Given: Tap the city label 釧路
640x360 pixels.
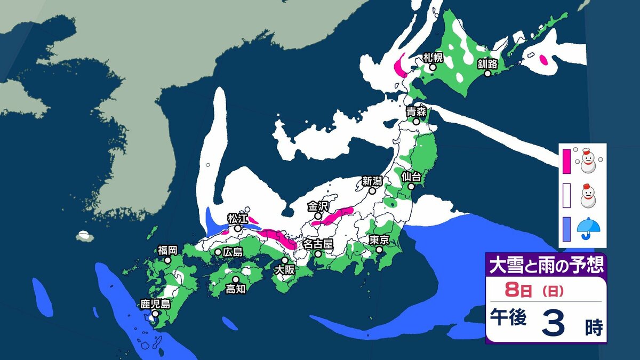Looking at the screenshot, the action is (x=487, y=64).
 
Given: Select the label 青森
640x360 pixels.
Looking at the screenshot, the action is (x=415, y=111).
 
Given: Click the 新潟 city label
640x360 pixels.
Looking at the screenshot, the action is (x=372, y=180).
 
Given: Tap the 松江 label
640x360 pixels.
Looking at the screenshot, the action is (x=237, y=218).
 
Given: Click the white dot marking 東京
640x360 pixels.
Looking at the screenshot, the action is (x=379, y=250).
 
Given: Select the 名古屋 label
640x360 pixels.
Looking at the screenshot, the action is (x=318, y=244).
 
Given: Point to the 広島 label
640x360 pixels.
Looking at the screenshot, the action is (x=233, y=252).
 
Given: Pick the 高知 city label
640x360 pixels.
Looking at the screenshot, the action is (x=235, y=289).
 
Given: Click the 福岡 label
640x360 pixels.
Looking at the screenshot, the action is (x=167, y=250).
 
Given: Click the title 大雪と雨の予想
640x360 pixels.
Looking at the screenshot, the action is (x=545, y=265).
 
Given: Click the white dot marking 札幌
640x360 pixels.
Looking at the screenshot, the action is (x=433, y=67).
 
